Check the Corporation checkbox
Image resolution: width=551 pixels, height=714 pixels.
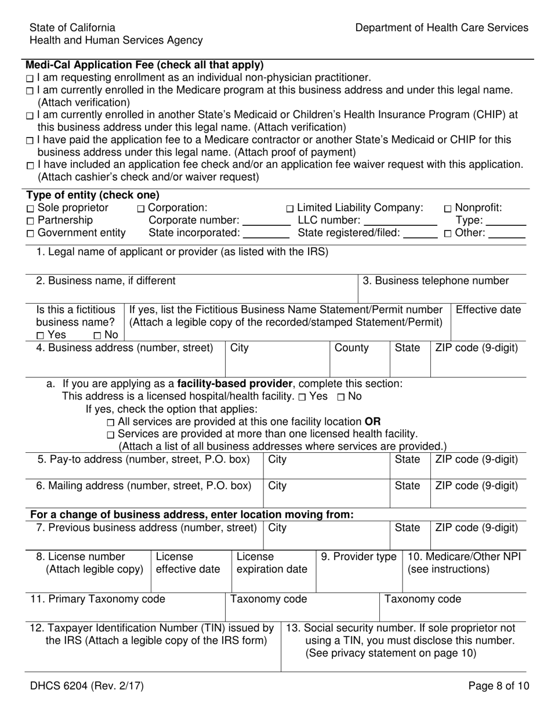(x=141, y=208)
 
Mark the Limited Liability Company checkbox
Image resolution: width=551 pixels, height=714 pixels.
(x=290, y=208)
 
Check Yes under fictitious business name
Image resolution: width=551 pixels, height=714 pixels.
(x=40, y=336)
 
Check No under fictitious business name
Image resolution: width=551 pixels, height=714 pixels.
(x=97, y=336)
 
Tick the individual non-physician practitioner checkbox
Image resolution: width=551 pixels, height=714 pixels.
(x=30, y=78)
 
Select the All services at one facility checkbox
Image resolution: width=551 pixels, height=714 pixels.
(x=111, y=423)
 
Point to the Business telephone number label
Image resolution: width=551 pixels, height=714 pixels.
(x=436, y=281)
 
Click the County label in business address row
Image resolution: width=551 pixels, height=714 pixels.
(x=351, y=348)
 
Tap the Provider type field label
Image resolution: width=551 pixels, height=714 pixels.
(x=358, y=557)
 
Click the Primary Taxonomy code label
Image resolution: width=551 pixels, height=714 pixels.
(x=97, y=599)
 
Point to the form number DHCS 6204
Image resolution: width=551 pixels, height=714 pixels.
(x=87, y=686)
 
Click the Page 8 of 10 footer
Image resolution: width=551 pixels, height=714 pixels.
(x=498, y=686)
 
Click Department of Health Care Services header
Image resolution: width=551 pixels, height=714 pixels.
(x=441, y=27)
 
